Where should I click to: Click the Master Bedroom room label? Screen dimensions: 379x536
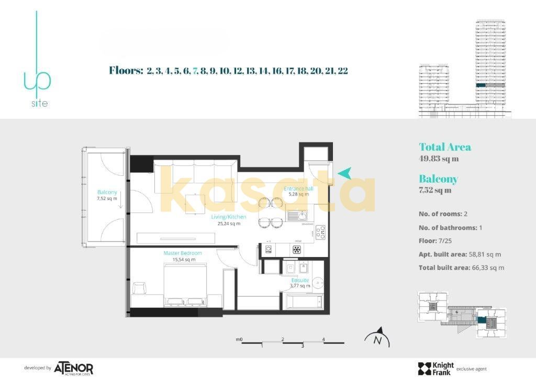click(182, 253)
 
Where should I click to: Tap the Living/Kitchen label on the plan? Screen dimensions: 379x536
click(229, 217)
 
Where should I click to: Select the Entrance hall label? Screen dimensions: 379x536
click(298, 188)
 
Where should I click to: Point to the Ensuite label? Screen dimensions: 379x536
click(300, 280)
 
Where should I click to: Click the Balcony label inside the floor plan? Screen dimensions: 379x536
click(107, 192)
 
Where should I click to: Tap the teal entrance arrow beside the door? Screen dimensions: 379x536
click(344, 173)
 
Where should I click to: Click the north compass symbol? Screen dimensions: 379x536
click(377, 338)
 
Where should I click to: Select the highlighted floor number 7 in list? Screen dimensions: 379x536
click(195, 71)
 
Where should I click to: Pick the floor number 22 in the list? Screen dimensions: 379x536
click(343, 71)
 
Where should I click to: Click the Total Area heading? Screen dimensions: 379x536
click(444, 147)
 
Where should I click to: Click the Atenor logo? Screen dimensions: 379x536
click(73, 368)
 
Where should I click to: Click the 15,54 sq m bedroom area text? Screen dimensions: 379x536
click(182, 259)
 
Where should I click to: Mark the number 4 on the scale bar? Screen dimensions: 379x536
click(323, 340)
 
